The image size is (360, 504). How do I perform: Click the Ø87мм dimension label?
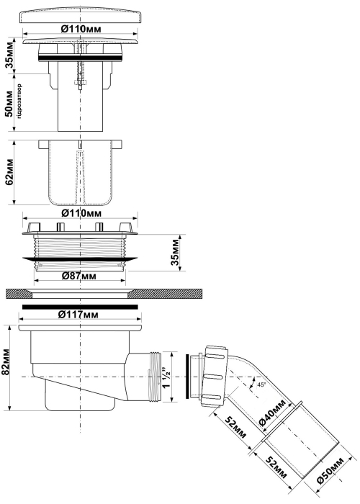tap(78, 276)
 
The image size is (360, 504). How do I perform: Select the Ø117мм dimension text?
tap(78, 315)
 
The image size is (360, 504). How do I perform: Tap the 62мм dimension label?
tap(10, 171)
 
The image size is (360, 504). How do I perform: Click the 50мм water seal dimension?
tap(9, 104)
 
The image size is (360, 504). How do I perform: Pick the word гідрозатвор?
tap(19, 102)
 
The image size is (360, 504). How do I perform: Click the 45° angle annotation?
tap(261, 384)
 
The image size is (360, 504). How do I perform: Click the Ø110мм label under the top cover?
tap(81, 29)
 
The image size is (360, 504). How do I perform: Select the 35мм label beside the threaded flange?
tap(175, 252)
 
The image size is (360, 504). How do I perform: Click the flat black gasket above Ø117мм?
tap(80, 307)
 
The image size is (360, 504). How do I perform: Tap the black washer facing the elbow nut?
tap(187, 377)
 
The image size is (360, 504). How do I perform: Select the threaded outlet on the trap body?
tap(156, 377)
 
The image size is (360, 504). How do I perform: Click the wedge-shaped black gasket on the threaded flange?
tap(80, 258)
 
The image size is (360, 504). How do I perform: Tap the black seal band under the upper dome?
tap(80, 58)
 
